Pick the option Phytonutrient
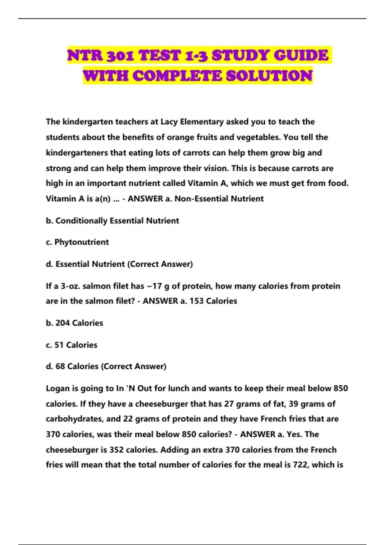coord(81,242)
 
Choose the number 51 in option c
coord(59,345)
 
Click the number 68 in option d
coord(60,366)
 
